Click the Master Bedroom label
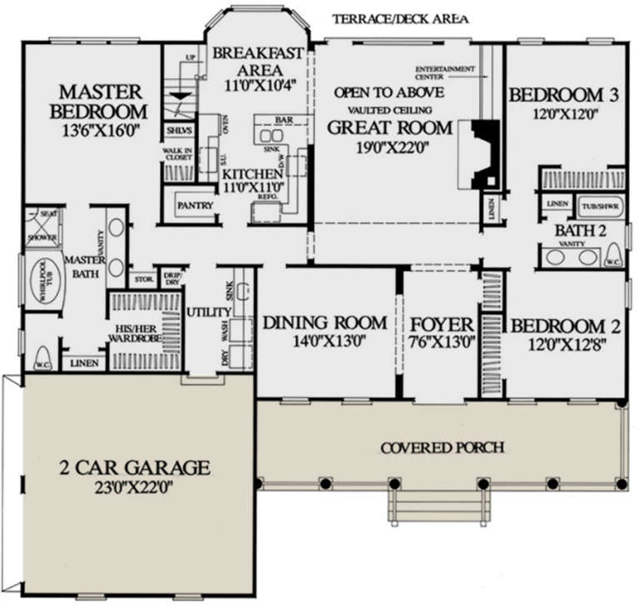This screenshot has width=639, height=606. pyautogui.click(x=98, y=101)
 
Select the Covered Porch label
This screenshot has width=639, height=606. pyautogui.click(x=442, y=448)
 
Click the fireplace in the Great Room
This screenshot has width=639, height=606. pyautogui.click(x=483, y=155)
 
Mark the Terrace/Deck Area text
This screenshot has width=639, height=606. pyautogui.click(x=399, y=18)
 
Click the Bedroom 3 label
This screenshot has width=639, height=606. pyautogui.click(x=563, y=95)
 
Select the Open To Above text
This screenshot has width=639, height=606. pyautogui.click(x=389, y=92)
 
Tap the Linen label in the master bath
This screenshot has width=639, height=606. pyautogui.click(x=83, y=363)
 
